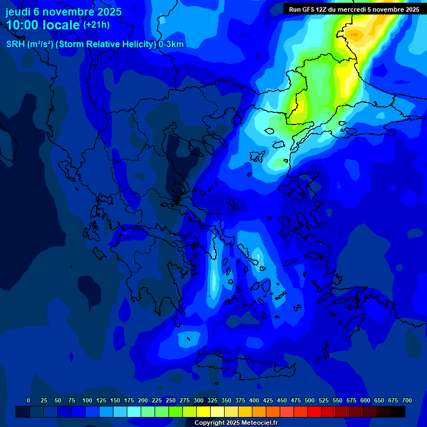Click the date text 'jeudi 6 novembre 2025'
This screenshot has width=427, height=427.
pos(63,12)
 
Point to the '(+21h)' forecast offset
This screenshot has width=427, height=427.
pos(96,25)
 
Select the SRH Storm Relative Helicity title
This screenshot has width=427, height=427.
pos(95,44)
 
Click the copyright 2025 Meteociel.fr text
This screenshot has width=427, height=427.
pos(236,423)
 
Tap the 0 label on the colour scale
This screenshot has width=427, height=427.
pos(28,400)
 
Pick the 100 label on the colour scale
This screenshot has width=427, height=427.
pos(87,400)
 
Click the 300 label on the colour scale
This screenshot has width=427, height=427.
pos(198,400)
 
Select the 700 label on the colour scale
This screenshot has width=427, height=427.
pos(407,400)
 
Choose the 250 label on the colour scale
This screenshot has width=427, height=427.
pos(171,400)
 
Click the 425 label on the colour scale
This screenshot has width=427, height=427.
pos(268,400)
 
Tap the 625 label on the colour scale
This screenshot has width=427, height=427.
pos(379,400)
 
